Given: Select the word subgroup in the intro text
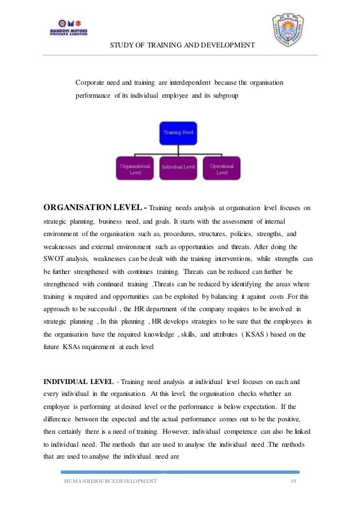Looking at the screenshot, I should pos(225,96).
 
